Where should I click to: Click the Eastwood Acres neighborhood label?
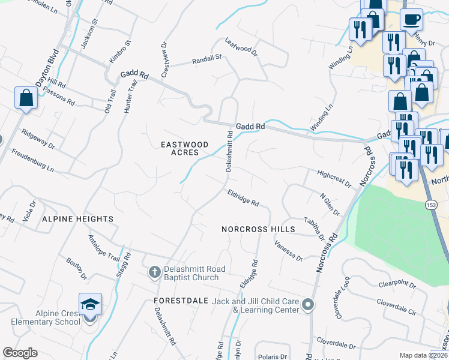tap(184, 149)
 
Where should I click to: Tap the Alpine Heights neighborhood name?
tap(78, 220)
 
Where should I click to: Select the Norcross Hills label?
tap(258, 229)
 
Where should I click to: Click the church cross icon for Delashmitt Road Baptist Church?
tap(154, 273)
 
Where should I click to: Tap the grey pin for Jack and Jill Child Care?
tap(308, 305)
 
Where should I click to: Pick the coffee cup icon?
tap(411, 19)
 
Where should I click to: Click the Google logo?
tap(20, 353)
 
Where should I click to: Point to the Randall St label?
tap(206, 59)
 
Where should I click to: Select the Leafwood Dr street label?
tap(241, 47)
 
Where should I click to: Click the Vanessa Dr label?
tap(288, 251)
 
